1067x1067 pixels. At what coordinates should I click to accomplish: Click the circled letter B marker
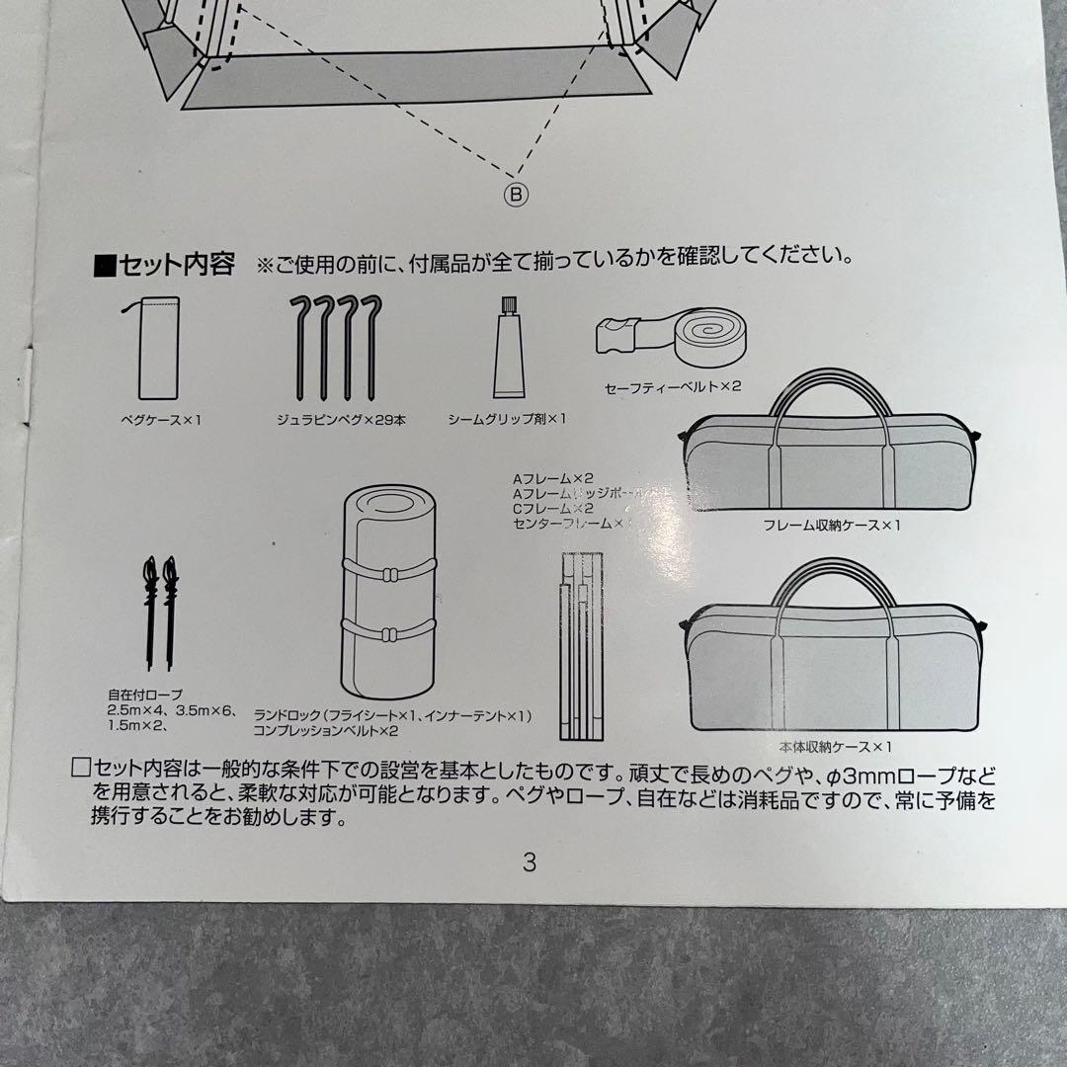(516, 194)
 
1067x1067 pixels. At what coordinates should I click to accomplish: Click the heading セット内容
(166, 265)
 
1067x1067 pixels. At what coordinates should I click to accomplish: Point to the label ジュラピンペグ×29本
(341, 420)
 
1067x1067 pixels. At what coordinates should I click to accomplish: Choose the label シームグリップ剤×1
(507, 419)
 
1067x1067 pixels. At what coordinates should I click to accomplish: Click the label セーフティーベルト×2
(672, 388)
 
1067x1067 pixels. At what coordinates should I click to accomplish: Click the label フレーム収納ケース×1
(831, 525)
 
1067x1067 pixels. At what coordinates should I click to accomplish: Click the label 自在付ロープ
(145, 695)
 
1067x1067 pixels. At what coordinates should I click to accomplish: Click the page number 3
(530, 862)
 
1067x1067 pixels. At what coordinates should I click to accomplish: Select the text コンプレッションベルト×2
(325, 731)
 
